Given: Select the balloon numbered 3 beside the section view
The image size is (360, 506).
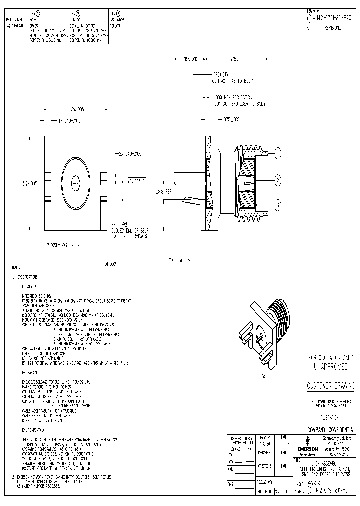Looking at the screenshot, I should (x=278, y=203).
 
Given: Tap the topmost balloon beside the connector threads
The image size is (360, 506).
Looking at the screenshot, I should (x=278, y=153).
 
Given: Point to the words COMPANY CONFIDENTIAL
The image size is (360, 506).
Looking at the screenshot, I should (x=331, y=430).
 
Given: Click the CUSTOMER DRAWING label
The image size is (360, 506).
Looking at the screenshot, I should (x=330, y=385).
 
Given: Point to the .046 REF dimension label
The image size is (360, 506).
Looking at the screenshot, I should (x=163, y=190).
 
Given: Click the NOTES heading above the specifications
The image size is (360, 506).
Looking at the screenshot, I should (x=17, y=268).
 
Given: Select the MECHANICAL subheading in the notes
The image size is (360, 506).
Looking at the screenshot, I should (x=31, y=373).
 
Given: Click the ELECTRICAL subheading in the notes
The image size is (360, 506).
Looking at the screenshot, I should (x=30, y=287).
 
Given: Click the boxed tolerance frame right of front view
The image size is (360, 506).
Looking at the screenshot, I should (x=137, y=181).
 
